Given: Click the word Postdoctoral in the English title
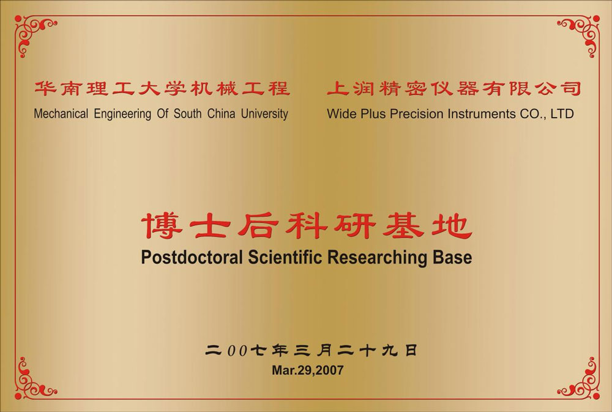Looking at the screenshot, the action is pos(192,257).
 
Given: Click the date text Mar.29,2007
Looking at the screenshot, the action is pos(308,370).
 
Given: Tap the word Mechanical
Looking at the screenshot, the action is pos(61,114).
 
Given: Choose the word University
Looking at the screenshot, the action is pos(264,114).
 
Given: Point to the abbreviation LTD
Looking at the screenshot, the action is pos(562,114).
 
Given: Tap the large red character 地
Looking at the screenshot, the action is pos(452,225).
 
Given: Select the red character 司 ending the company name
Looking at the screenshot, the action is pos(570,88).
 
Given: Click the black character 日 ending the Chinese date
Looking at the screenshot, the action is pos(411,350).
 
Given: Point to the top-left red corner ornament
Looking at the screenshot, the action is pos(33,33).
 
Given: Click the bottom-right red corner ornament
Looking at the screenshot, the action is pos(579,379).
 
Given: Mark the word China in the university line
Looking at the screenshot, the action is pos(221,114).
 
